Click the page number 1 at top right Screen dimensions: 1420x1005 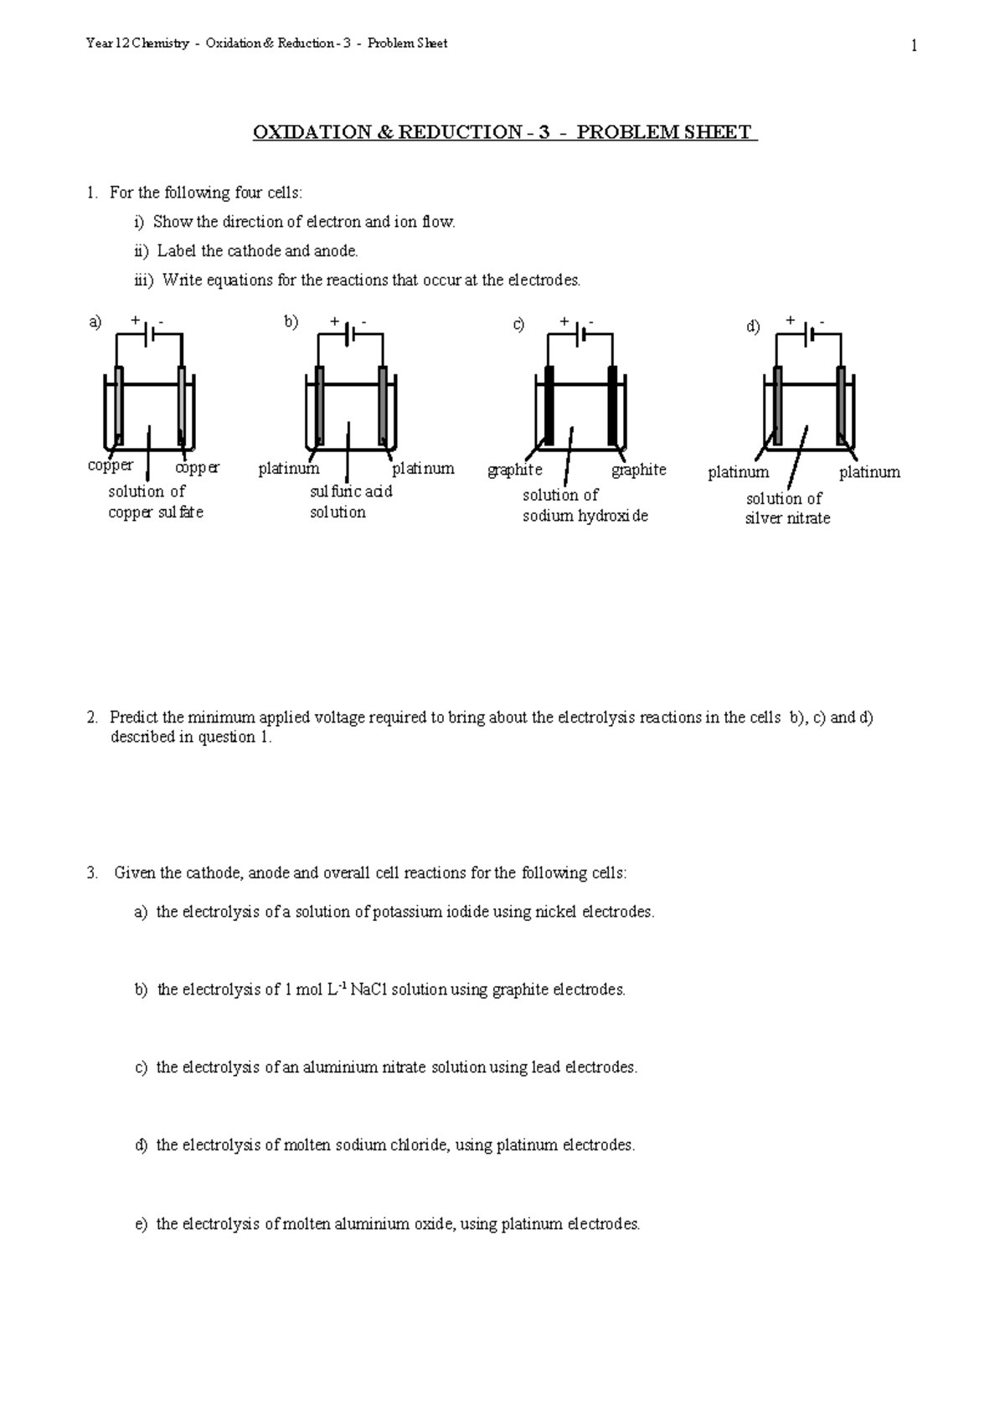(914, 46)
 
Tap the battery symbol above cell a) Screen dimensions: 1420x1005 (149, 334)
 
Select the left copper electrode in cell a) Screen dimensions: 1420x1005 (120, 406)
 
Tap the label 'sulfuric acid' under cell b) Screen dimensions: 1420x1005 (351, 491)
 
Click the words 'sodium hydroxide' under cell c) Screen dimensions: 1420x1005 (585, 516)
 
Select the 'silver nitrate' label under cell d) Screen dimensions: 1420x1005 (787, 518)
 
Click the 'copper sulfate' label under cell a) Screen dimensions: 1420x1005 (156, 512)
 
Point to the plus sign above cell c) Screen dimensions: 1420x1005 (564, 321)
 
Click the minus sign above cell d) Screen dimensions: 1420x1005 (822, 322)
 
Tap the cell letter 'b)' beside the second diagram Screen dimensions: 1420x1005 (291, 322)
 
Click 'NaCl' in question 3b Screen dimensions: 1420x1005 (368, 990)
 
